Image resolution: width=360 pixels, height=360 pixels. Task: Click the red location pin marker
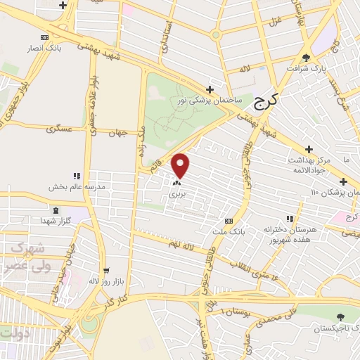click(x=181, y=165)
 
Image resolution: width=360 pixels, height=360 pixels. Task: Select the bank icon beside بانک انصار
click(x=46, y=37)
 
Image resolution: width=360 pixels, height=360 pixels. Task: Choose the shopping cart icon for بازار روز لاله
click(x=106, y=270)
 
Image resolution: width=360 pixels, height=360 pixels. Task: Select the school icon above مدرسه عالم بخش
click(x=77, y=176)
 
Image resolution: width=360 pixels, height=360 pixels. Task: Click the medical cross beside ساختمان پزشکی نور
click(x=210, y=89)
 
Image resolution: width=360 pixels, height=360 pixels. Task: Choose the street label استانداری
click(x=167, y=39)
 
